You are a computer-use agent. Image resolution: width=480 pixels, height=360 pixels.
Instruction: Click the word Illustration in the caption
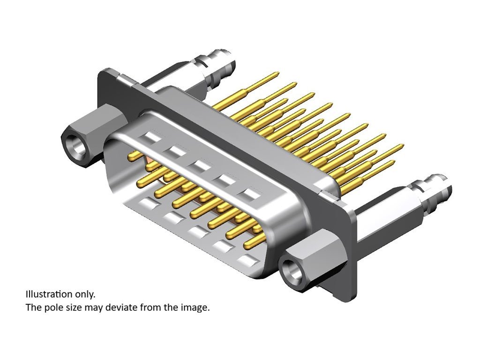(x=48, y=294)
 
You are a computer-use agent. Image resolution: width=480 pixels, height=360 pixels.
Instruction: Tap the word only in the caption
(x=85, y=294)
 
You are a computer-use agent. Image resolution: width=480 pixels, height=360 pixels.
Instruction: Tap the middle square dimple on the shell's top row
(x=201, y=165)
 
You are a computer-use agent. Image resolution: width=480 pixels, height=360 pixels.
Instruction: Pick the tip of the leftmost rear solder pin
(x=277, y=74)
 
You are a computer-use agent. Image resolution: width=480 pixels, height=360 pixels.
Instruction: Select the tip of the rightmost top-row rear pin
(x=401, y=146)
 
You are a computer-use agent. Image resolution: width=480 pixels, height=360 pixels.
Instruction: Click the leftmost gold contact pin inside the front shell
(x=132, y=157)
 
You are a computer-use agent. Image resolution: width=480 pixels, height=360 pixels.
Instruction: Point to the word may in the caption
(x=94, y=308)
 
